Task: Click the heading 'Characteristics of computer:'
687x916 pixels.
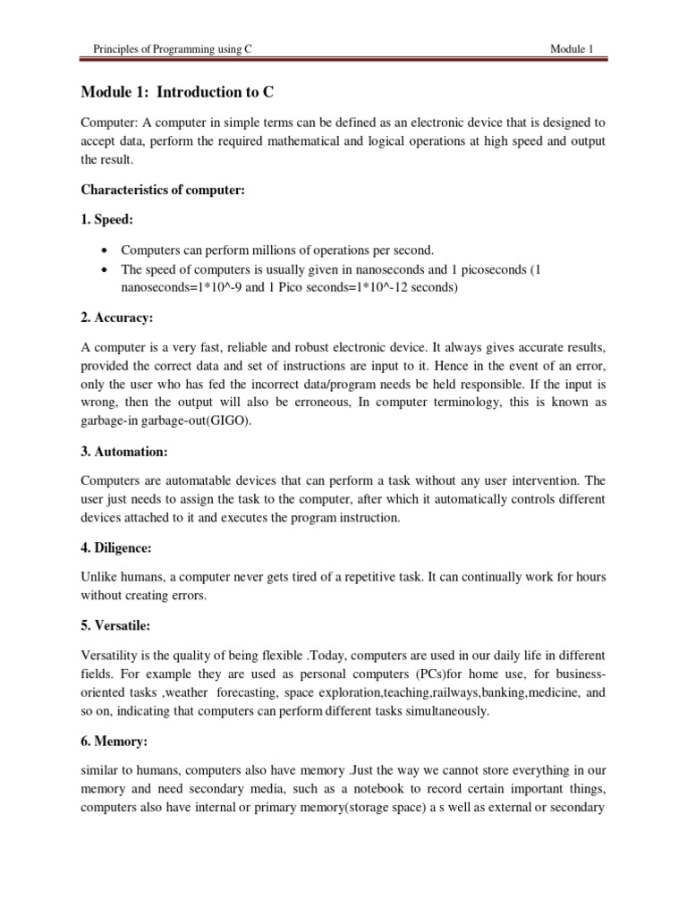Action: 162,190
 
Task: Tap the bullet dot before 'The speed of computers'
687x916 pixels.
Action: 106,268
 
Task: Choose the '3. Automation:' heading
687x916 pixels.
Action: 126,453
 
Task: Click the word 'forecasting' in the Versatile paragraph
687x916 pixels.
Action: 254,691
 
